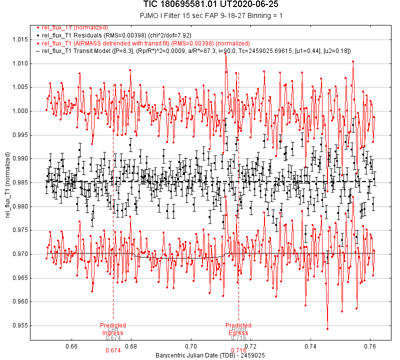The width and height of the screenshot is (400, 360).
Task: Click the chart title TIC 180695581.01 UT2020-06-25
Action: (x=200, y=5)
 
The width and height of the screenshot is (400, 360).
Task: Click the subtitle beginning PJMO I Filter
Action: (x=200, y=15)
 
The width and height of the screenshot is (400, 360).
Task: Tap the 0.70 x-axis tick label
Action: (x=191, y=346)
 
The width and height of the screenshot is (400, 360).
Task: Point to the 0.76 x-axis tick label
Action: (x=370, y=346)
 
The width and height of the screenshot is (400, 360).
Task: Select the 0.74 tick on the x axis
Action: (x=310, y=346)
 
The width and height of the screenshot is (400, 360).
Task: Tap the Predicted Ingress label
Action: (x=113, y=329)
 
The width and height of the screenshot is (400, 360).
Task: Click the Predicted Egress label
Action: (x=238, y=329)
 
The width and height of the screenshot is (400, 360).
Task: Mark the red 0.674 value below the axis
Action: (x=113, y=350)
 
